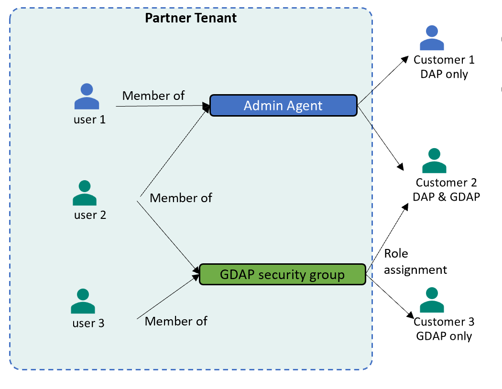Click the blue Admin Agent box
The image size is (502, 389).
pos(284,105)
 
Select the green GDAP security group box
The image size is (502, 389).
pos(282,274)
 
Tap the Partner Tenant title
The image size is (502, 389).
pos(191,18)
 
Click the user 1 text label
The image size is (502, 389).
pos(89,119)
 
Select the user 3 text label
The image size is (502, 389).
pos(88,323)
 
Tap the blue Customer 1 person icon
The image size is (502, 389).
pos(432,38)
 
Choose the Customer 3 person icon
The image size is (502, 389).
pos(432,300)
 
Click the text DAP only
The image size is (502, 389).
pos(444,74)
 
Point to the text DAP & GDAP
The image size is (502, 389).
pos(446,196)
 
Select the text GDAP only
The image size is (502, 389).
pos(444,335)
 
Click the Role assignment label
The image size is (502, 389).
pos(415,261)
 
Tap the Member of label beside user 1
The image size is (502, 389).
pos(153,96)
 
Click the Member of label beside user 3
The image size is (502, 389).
pos(176,321)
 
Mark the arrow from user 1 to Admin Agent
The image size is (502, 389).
pos(163,106)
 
